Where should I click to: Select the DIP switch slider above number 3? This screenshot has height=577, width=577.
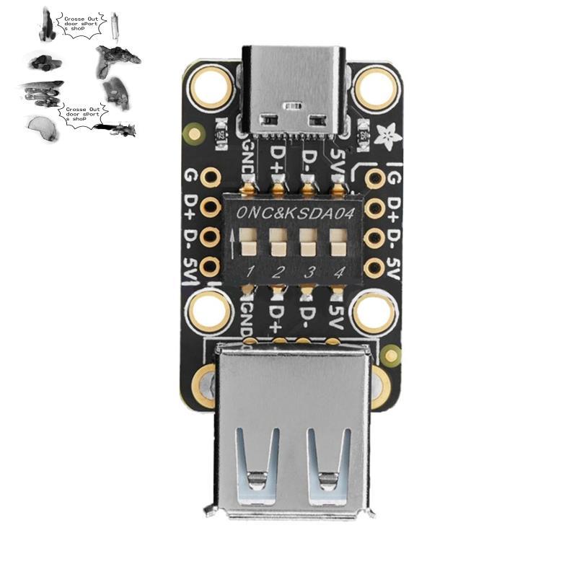(307, 242)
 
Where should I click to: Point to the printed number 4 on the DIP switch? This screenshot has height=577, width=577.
(338, 272)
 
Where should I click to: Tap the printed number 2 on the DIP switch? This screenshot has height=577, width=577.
(278, 272)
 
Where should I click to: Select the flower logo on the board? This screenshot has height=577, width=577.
(379, 133)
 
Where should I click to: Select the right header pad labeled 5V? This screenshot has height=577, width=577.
(374, 268)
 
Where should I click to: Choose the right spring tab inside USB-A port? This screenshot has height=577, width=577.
(327, 462)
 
